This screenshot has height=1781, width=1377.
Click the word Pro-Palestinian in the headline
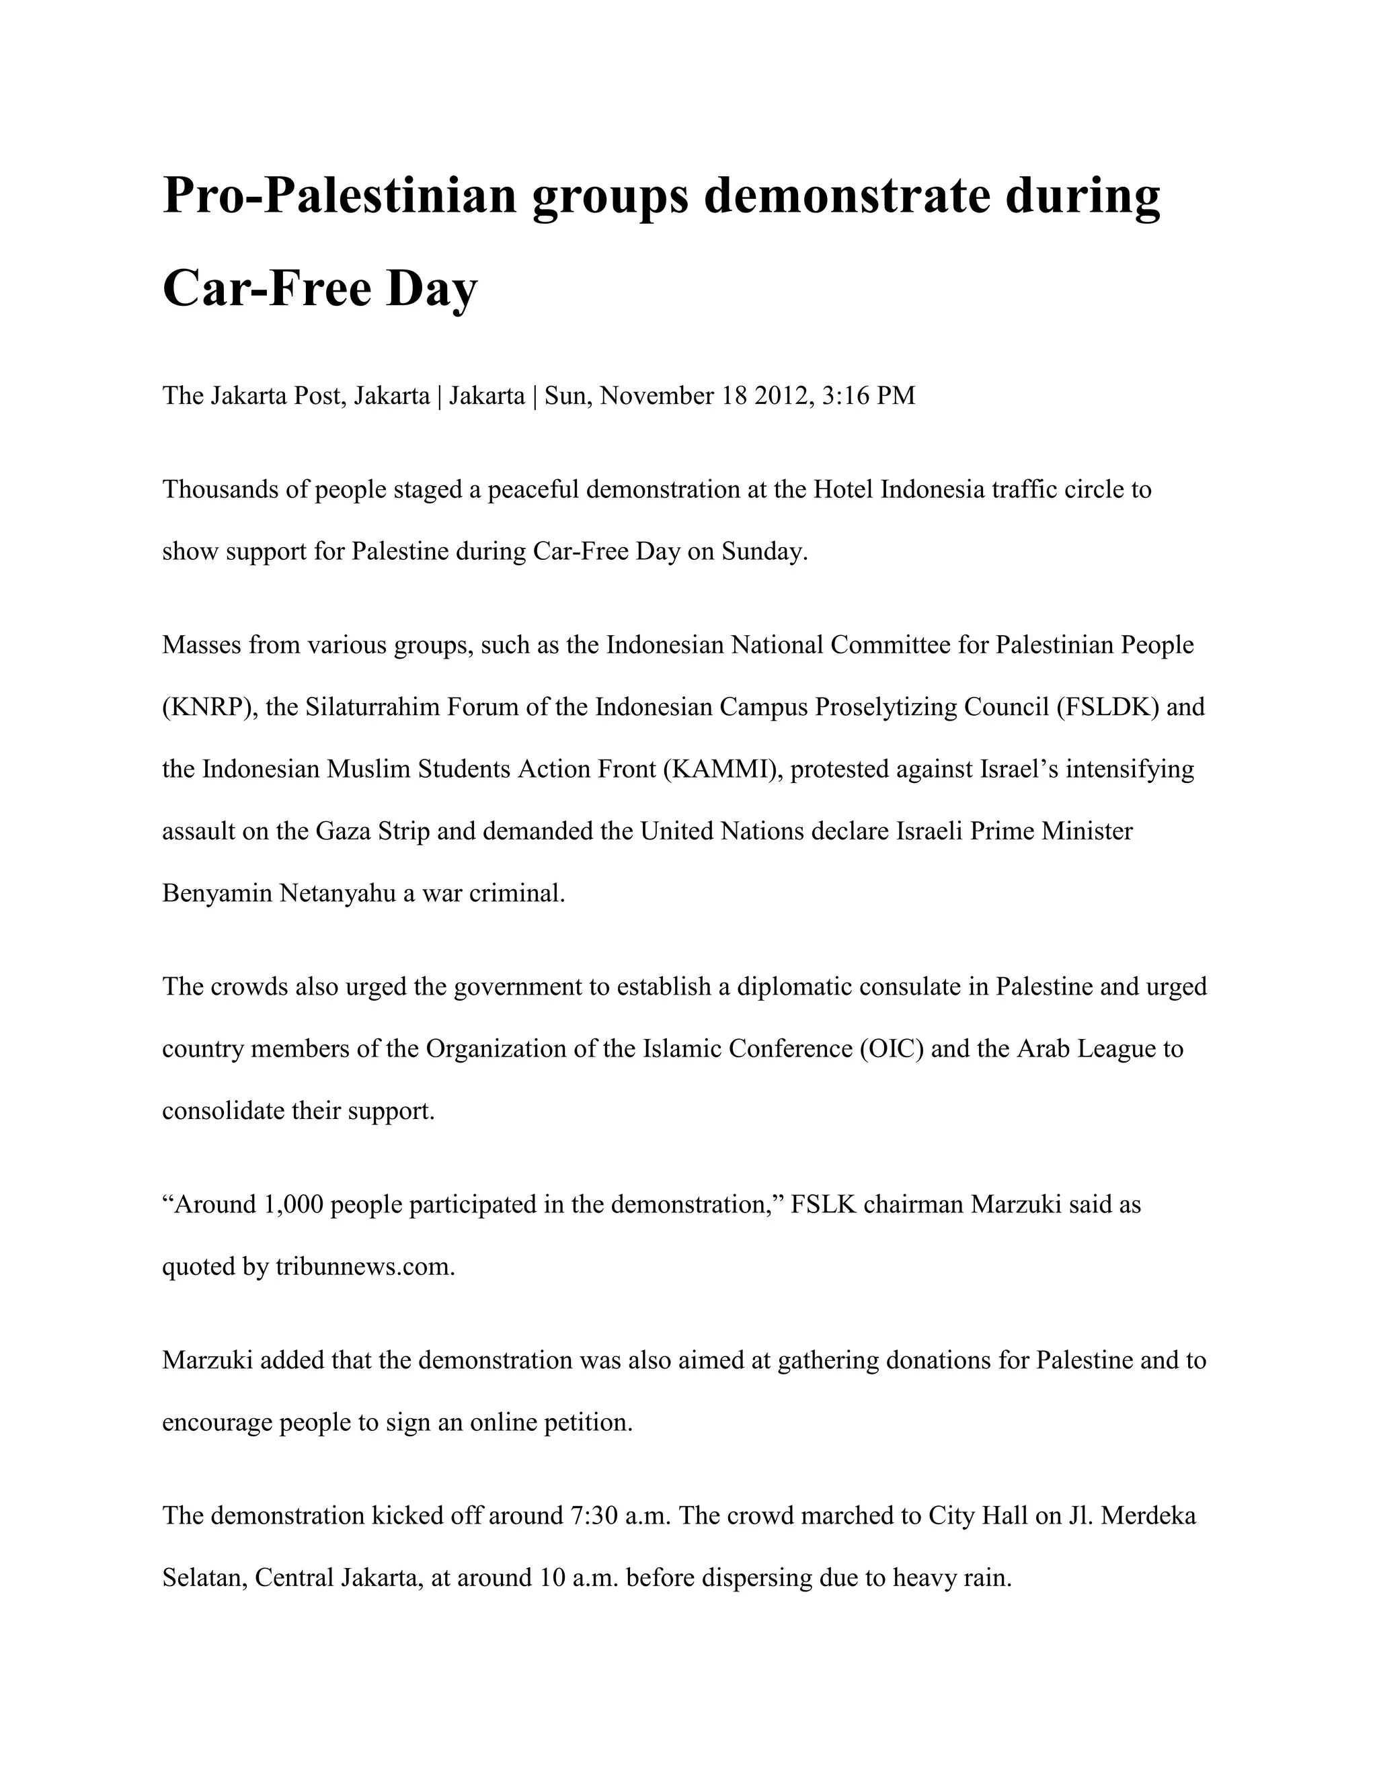[x=340, y=196]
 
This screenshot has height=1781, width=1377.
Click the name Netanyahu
[x=337, y=893]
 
